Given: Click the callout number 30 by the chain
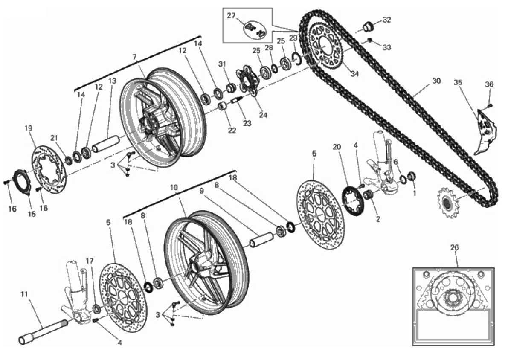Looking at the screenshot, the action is [436, 81].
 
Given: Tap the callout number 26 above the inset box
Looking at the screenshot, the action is [455, 247].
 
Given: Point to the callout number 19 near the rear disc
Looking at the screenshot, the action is [29, 128].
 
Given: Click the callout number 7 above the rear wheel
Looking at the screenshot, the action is [135, 57].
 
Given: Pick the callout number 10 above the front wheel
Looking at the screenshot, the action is [174, 188].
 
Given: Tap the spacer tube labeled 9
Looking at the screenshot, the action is [261, 239].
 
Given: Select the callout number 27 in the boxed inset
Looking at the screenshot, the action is [231, 15].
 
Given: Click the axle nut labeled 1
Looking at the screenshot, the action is [412, 176].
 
